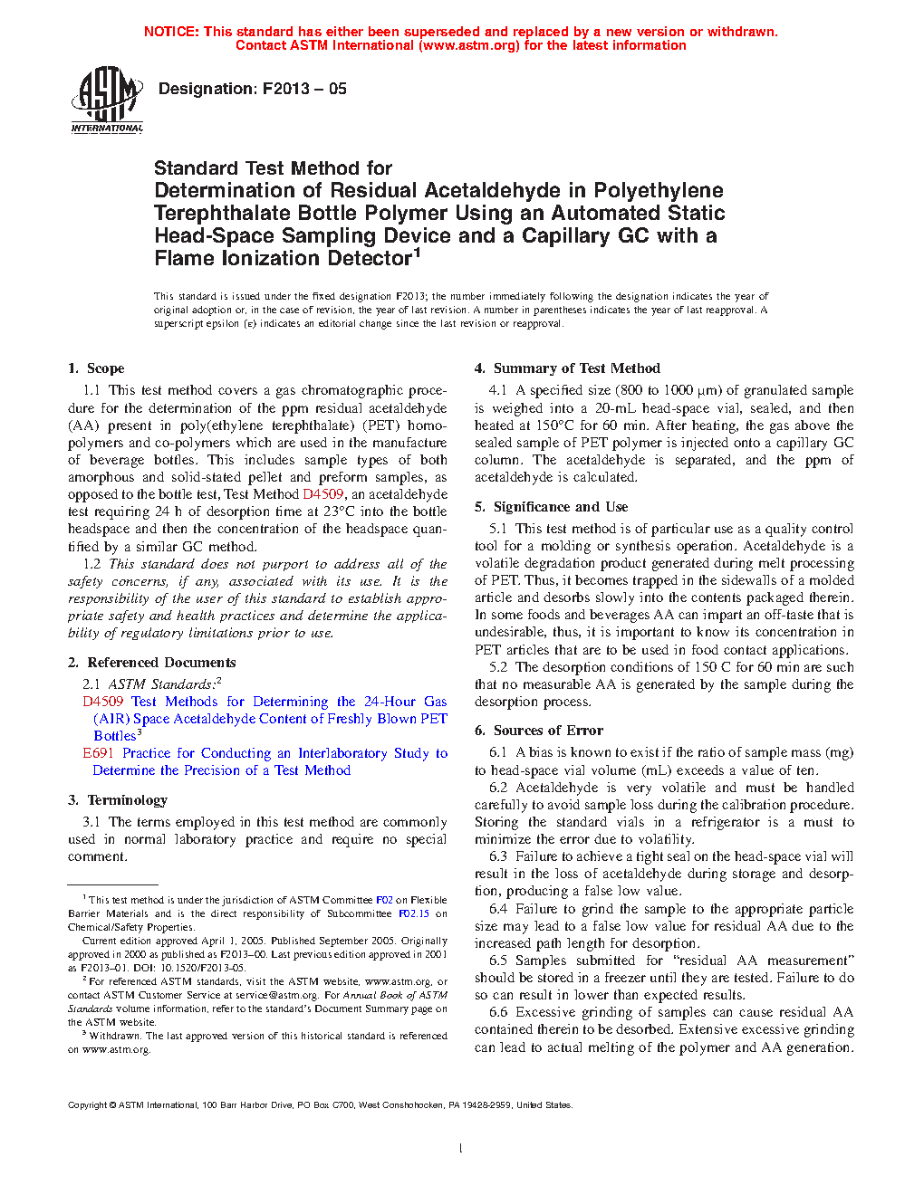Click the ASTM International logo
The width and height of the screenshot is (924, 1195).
[107, 100]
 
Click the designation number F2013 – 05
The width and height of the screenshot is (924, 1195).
[304, 89]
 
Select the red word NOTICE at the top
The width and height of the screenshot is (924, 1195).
[171, 32]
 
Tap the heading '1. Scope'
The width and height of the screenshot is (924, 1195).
[96, 368]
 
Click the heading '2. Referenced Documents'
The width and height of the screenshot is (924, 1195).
[151, 663]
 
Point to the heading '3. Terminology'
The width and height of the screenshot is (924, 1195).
[118, 800]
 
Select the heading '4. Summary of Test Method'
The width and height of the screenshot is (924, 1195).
[567, 368]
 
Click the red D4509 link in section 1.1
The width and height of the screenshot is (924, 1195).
[322, 494]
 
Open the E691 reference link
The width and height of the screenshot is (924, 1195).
[99, 753]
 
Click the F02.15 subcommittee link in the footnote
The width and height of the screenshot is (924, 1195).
[414, 913]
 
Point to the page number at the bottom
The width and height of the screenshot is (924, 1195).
[461, 1149]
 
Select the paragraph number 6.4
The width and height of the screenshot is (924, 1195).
[498, 909]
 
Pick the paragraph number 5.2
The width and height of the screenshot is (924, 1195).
[498, 667]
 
